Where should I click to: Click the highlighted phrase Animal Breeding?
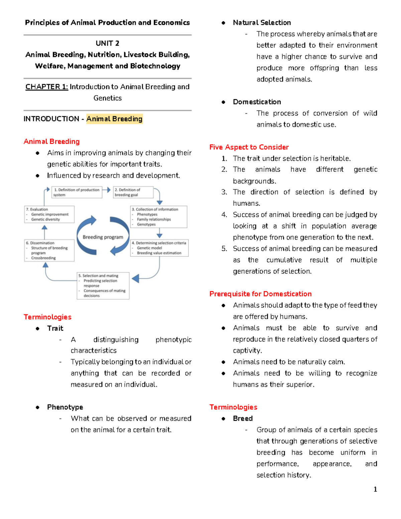click(x=114, y=119)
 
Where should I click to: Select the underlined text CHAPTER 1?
click(x=47, y=87)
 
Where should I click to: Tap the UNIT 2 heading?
click(x=107, y=43)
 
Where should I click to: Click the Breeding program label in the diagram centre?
click(x=103, y=237)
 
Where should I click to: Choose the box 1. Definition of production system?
click(x=77, y=192)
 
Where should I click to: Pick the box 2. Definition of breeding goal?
click(x=133, y=192)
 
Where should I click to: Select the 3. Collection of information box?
click(x=158, y=217)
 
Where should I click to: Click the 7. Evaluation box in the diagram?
click(x=49, y=214)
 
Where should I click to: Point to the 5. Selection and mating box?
click(x=103, y=285)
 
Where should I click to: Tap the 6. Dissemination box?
click(x=49, y=250)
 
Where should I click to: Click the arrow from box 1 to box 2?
click(x=106, y=190)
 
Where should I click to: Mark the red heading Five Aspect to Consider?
click(x=249, y=147)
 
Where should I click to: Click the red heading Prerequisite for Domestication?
click(x=260, y=294)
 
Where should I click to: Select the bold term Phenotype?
click(x=65, y=407)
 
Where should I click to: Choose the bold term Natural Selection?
click(x=262, y=23)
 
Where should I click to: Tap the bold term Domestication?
click(x=257, y=102)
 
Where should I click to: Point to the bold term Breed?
click(x=243, y=418)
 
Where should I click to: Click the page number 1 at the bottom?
click(x=375, y=489)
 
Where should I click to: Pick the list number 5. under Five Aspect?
click(x=224, y=249)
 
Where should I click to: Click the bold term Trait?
click(x=55, y=328)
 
